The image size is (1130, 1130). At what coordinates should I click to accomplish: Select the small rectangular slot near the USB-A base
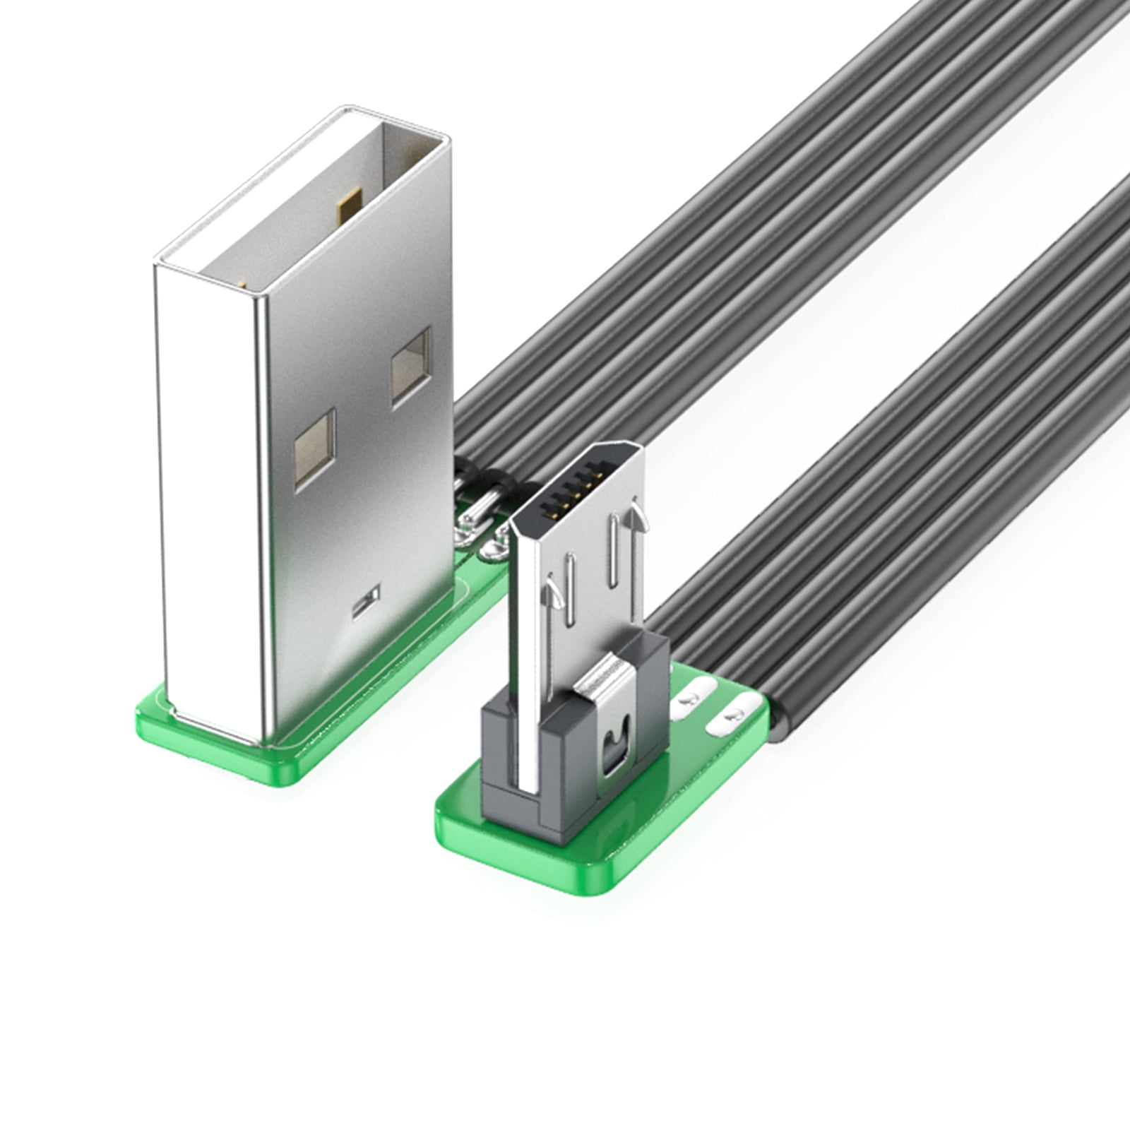pyautogui.click(x=366, y=602)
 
